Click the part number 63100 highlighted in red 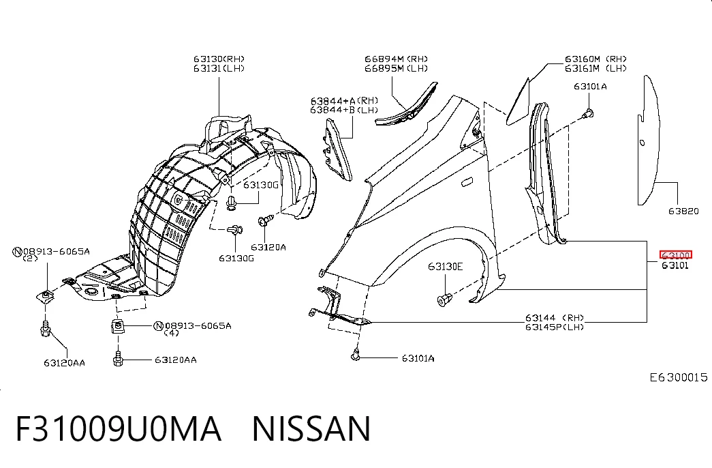tap(676, 255)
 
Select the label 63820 tap(683, 211)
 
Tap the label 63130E tap(445, 267)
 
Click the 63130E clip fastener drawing tap(444, 299)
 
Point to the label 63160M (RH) tap(595, 59)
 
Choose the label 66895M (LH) tap(396, 68)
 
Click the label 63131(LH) tap(219, 68)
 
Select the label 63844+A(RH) tap(344, 100)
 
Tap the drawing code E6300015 tap(679, 377)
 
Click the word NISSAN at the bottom tap(311, 429)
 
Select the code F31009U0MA tap(119, 429)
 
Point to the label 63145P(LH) tap(555, 327)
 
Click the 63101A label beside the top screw tap(590, 87)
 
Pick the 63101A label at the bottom tap(418, 358)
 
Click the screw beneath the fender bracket tap(356, 355)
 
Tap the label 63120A tap(268, 248)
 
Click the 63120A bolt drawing tap(265, 221)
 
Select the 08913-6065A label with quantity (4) tap(193, 325)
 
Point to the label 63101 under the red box tap(675, 265)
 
